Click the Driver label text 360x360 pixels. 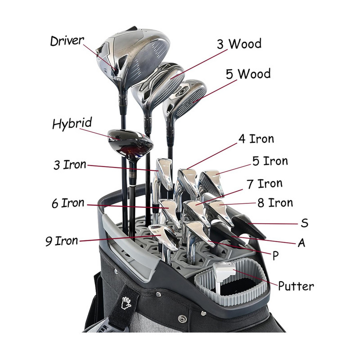[x=67, y=41]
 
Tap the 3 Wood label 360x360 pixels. [x=238, y=45]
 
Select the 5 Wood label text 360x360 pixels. [x=248, y=74]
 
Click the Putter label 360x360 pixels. [x=296, y=286]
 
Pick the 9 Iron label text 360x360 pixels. [x=61, y=241]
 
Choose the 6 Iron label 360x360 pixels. [x=67, y=203]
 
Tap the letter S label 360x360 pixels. [x=304, y=223]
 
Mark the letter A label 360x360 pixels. [x=301, y=243]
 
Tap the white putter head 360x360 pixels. [x=224, y=270]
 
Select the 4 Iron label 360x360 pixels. [x=256, y=139]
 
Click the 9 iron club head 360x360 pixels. [x=165, y=236]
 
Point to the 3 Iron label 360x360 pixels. [x=69, y=165]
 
